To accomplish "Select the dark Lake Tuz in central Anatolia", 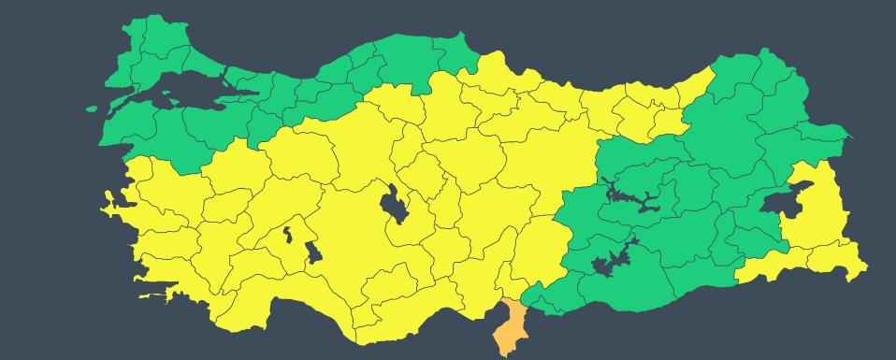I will pos(395,204).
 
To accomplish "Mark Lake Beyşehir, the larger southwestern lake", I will pos(313,252).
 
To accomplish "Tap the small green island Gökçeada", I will pos(92,108).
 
